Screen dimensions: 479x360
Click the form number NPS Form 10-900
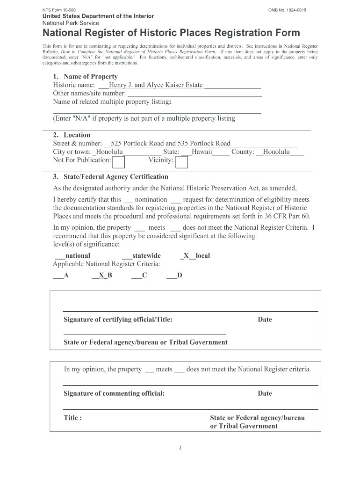click(59, 10)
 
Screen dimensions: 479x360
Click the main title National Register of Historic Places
click(172, 33)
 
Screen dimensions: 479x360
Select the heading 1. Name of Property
click(85, 77)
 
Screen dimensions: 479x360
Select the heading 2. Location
click(72, 135)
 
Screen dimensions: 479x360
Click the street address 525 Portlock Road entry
click(170, 144)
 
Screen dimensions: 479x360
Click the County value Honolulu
click(276, 152)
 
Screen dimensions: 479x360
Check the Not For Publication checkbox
click(119, 162)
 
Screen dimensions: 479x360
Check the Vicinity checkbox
click(182, 162)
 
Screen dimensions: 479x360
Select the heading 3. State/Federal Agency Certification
click(110, 177)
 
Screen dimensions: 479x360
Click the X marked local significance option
click(195, 256)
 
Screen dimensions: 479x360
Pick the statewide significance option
click(141, 256)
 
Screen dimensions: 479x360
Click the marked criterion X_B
click(102, 276)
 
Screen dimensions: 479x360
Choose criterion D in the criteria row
click(174, 276)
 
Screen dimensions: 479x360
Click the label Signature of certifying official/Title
click(118, 320)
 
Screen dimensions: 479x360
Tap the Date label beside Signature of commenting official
click(265, 393)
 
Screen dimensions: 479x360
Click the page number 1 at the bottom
click(180, 448)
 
